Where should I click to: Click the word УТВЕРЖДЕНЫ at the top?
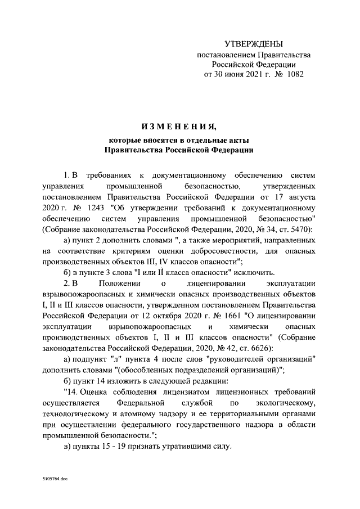[254, 44]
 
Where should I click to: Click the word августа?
[299, 198]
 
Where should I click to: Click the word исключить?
[253, 272]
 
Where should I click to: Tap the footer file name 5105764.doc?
[55, 476]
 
